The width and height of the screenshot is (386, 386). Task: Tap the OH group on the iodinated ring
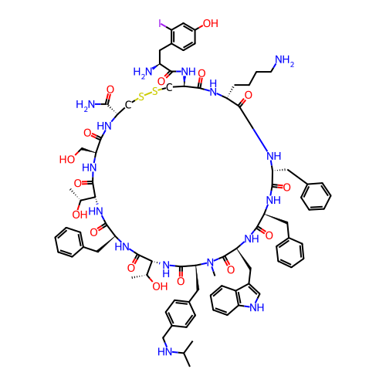click(x=211, y=23)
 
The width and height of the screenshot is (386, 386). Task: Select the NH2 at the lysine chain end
click(x=285, y=61)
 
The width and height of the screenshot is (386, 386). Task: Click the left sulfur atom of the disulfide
click(x=141, y=96)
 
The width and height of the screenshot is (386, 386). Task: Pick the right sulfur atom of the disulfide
click(x=155, y=91)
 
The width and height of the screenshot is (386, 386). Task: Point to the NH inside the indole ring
click(x=256, y=307)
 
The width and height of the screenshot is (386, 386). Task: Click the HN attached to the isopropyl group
click(x=165, y=351)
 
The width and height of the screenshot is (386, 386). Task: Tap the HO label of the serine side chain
click(x=67, y=160)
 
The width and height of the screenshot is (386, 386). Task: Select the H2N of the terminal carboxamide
click(x=86, y=105)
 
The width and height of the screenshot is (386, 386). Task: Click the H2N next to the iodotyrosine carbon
click(x=143, y=72)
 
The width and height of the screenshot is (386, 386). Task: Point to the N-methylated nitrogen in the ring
click(x=211, y=262)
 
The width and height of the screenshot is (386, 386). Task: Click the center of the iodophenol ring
click(x=184, y=37)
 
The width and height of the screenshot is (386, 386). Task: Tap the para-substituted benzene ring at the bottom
click(x=180, y=313)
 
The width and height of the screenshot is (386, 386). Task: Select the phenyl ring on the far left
click(x=69, y=242)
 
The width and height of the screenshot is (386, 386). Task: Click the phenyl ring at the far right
click(x=316, y=196)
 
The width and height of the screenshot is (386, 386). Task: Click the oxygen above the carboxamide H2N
click(x=110, y=90)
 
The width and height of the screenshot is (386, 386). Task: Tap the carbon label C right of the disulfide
click(x=169, y=88)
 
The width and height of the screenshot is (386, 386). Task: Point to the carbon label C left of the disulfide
click(x=128, y=105)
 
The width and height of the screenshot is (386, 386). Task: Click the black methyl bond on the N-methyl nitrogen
click(x=213, y=272)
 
